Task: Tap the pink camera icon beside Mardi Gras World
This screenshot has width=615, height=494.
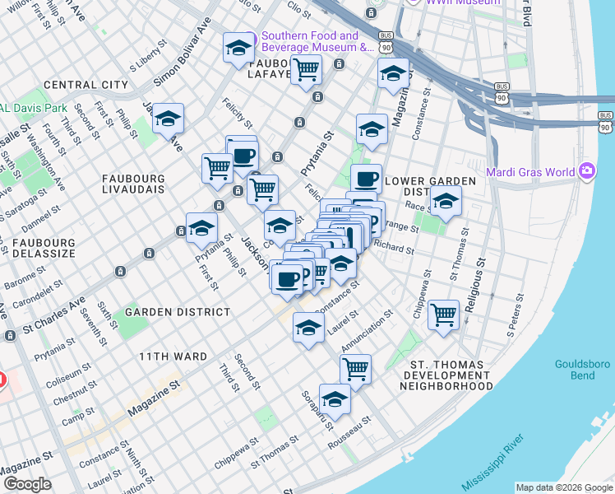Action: tap(587, 172)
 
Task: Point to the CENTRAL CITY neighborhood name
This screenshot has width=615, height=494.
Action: tap(86, 85)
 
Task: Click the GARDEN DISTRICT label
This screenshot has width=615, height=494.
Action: tap(178, 313)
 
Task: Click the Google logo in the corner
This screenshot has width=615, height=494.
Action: tap(27, 484)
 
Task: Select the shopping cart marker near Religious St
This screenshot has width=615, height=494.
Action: tap(443, 314)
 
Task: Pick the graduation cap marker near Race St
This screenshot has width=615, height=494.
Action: tap(445, 201)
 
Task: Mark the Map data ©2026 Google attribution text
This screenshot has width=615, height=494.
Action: tap(564, 487)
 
